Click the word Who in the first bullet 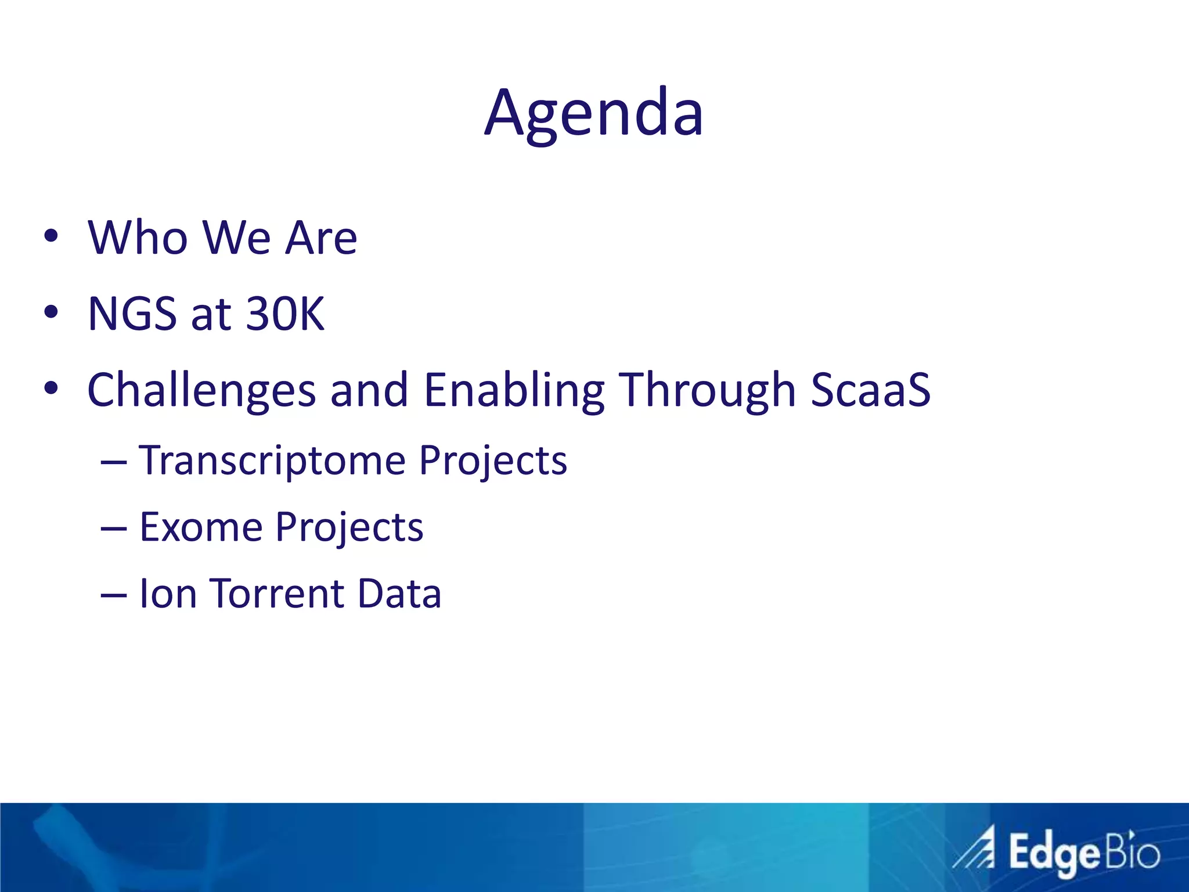[138, 238]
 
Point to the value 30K [285, 314]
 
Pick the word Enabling [514, 390]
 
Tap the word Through [707, 390]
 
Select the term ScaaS [870, 390]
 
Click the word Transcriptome [272, 461]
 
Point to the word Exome [201, 527]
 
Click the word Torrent [277, 594]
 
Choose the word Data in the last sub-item [399, 594]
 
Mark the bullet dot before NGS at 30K [51, 312]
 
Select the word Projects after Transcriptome [493, 461]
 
